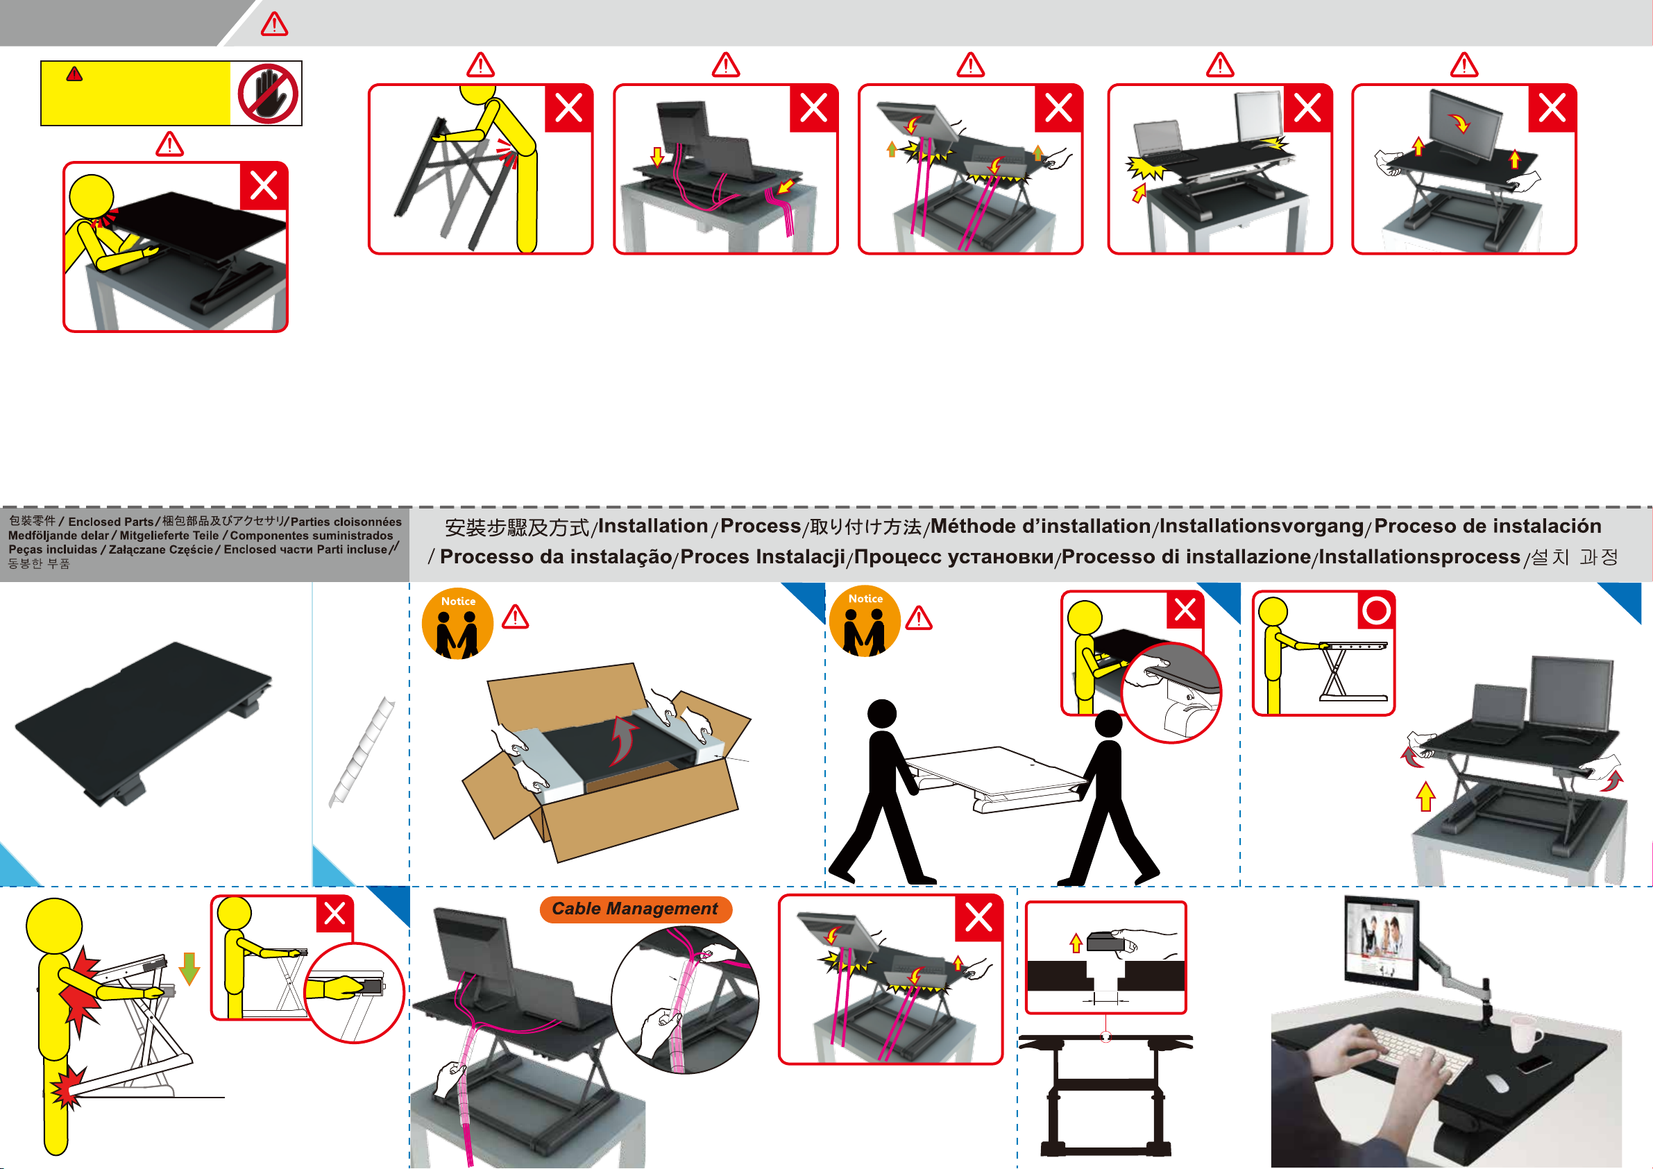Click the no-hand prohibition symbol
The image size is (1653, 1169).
tap(268, 94)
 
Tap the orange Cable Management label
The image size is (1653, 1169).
tap(635, 909)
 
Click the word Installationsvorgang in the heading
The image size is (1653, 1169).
tap(1262, 526)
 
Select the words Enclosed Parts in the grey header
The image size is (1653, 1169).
tap(111, 522)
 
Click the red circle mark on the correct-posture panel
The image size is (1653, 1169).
tap(1376, 611)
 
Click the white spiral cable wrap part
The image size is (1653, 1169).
tap(362, 751)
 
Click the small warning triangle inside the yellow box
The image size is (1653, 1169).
tap(74, 74)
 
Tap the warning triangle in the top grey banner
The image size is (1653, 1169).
tap(274, 24)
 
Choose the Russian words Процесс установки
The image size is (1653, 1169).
tap(953, 557)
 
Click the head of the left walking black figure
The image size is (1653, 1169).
tap(882, 713)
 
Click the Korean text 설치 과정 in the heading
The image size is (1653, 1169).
tap(1574, 557)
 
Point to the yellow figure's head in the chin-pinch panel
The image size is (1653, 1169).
tap(92, 196)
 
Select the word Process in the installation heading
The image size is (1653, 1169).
tap(761, 526)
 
